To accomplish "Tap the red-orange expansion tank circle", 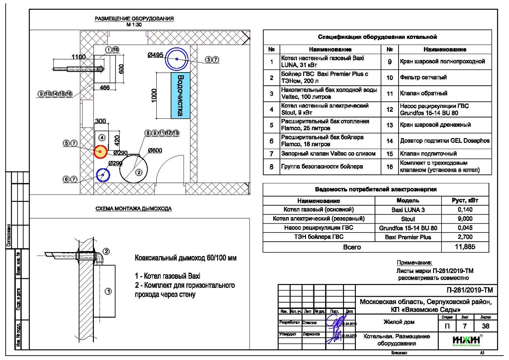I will click(x=100, y=152).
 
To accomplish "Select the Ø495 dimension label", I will click(x=156, y=55).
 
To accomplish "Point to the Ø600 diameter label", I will click(x=155, y=150).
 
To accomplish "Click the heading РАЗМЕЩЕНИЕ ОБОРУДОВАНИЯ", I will click(x=134, y=19).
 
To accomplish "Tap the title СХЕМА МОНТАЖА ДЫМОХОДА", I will click(x=134, y=209).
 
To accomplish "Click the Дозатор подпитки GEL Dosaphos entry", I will click(x=445, y=141).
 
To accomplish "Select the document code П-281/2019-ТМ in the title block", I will click(x=467, y=291).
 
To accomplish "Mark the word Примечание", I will click(x=413, y=263).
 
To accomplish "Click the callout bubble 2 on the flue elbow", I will click(x=106, y=251).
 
